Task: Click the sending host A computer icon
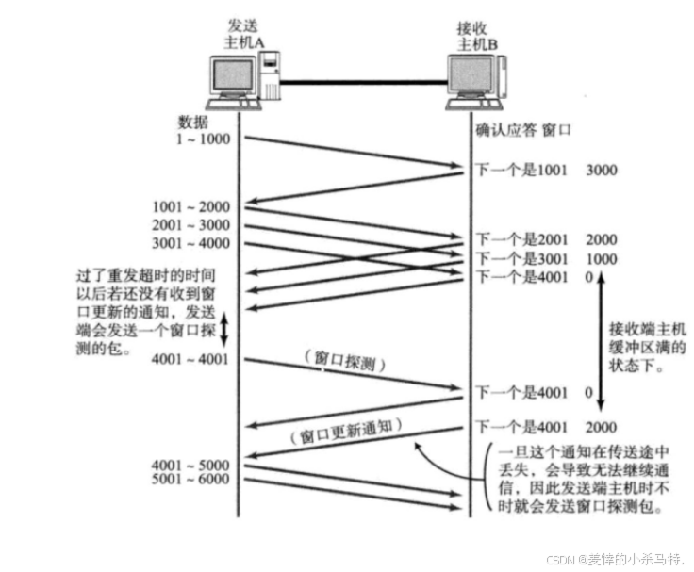(x=244, y=81)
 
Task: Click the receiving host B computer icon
(x=476, y=81)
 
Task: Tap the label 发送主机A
(x=244, y=35)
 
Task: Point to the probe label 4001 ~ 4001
(x=189, y=359)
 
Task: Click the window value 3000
(x=603, y=172)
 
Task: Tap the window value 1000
(x=603, y=258)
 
